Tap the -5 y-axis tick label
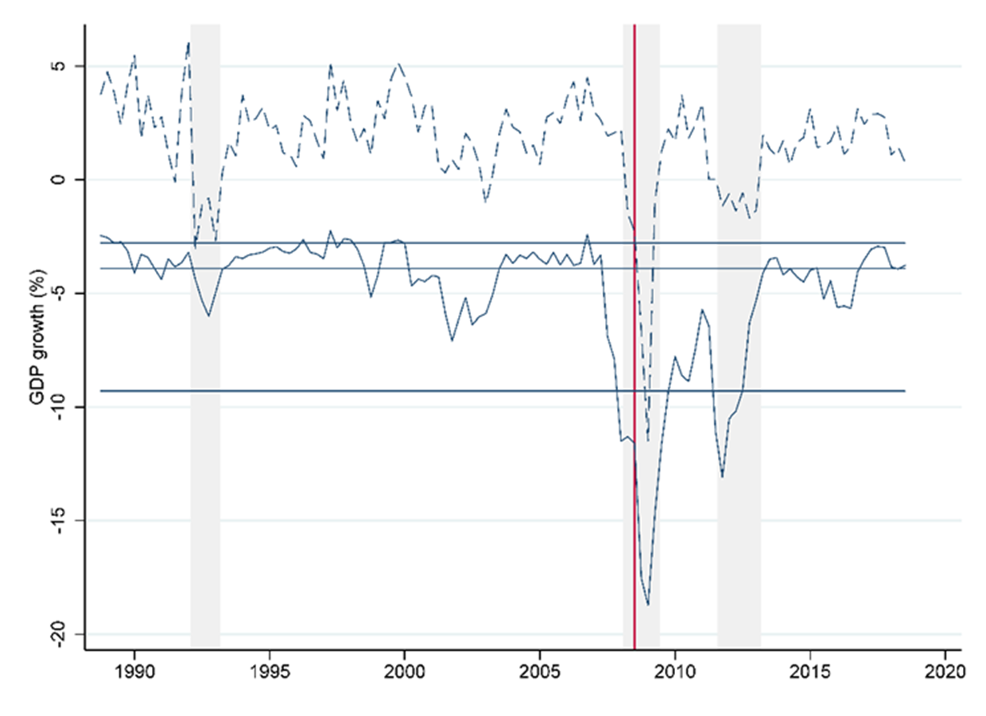[x=64, y=294]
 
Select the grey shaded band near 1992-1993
[x=205, y=477]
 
